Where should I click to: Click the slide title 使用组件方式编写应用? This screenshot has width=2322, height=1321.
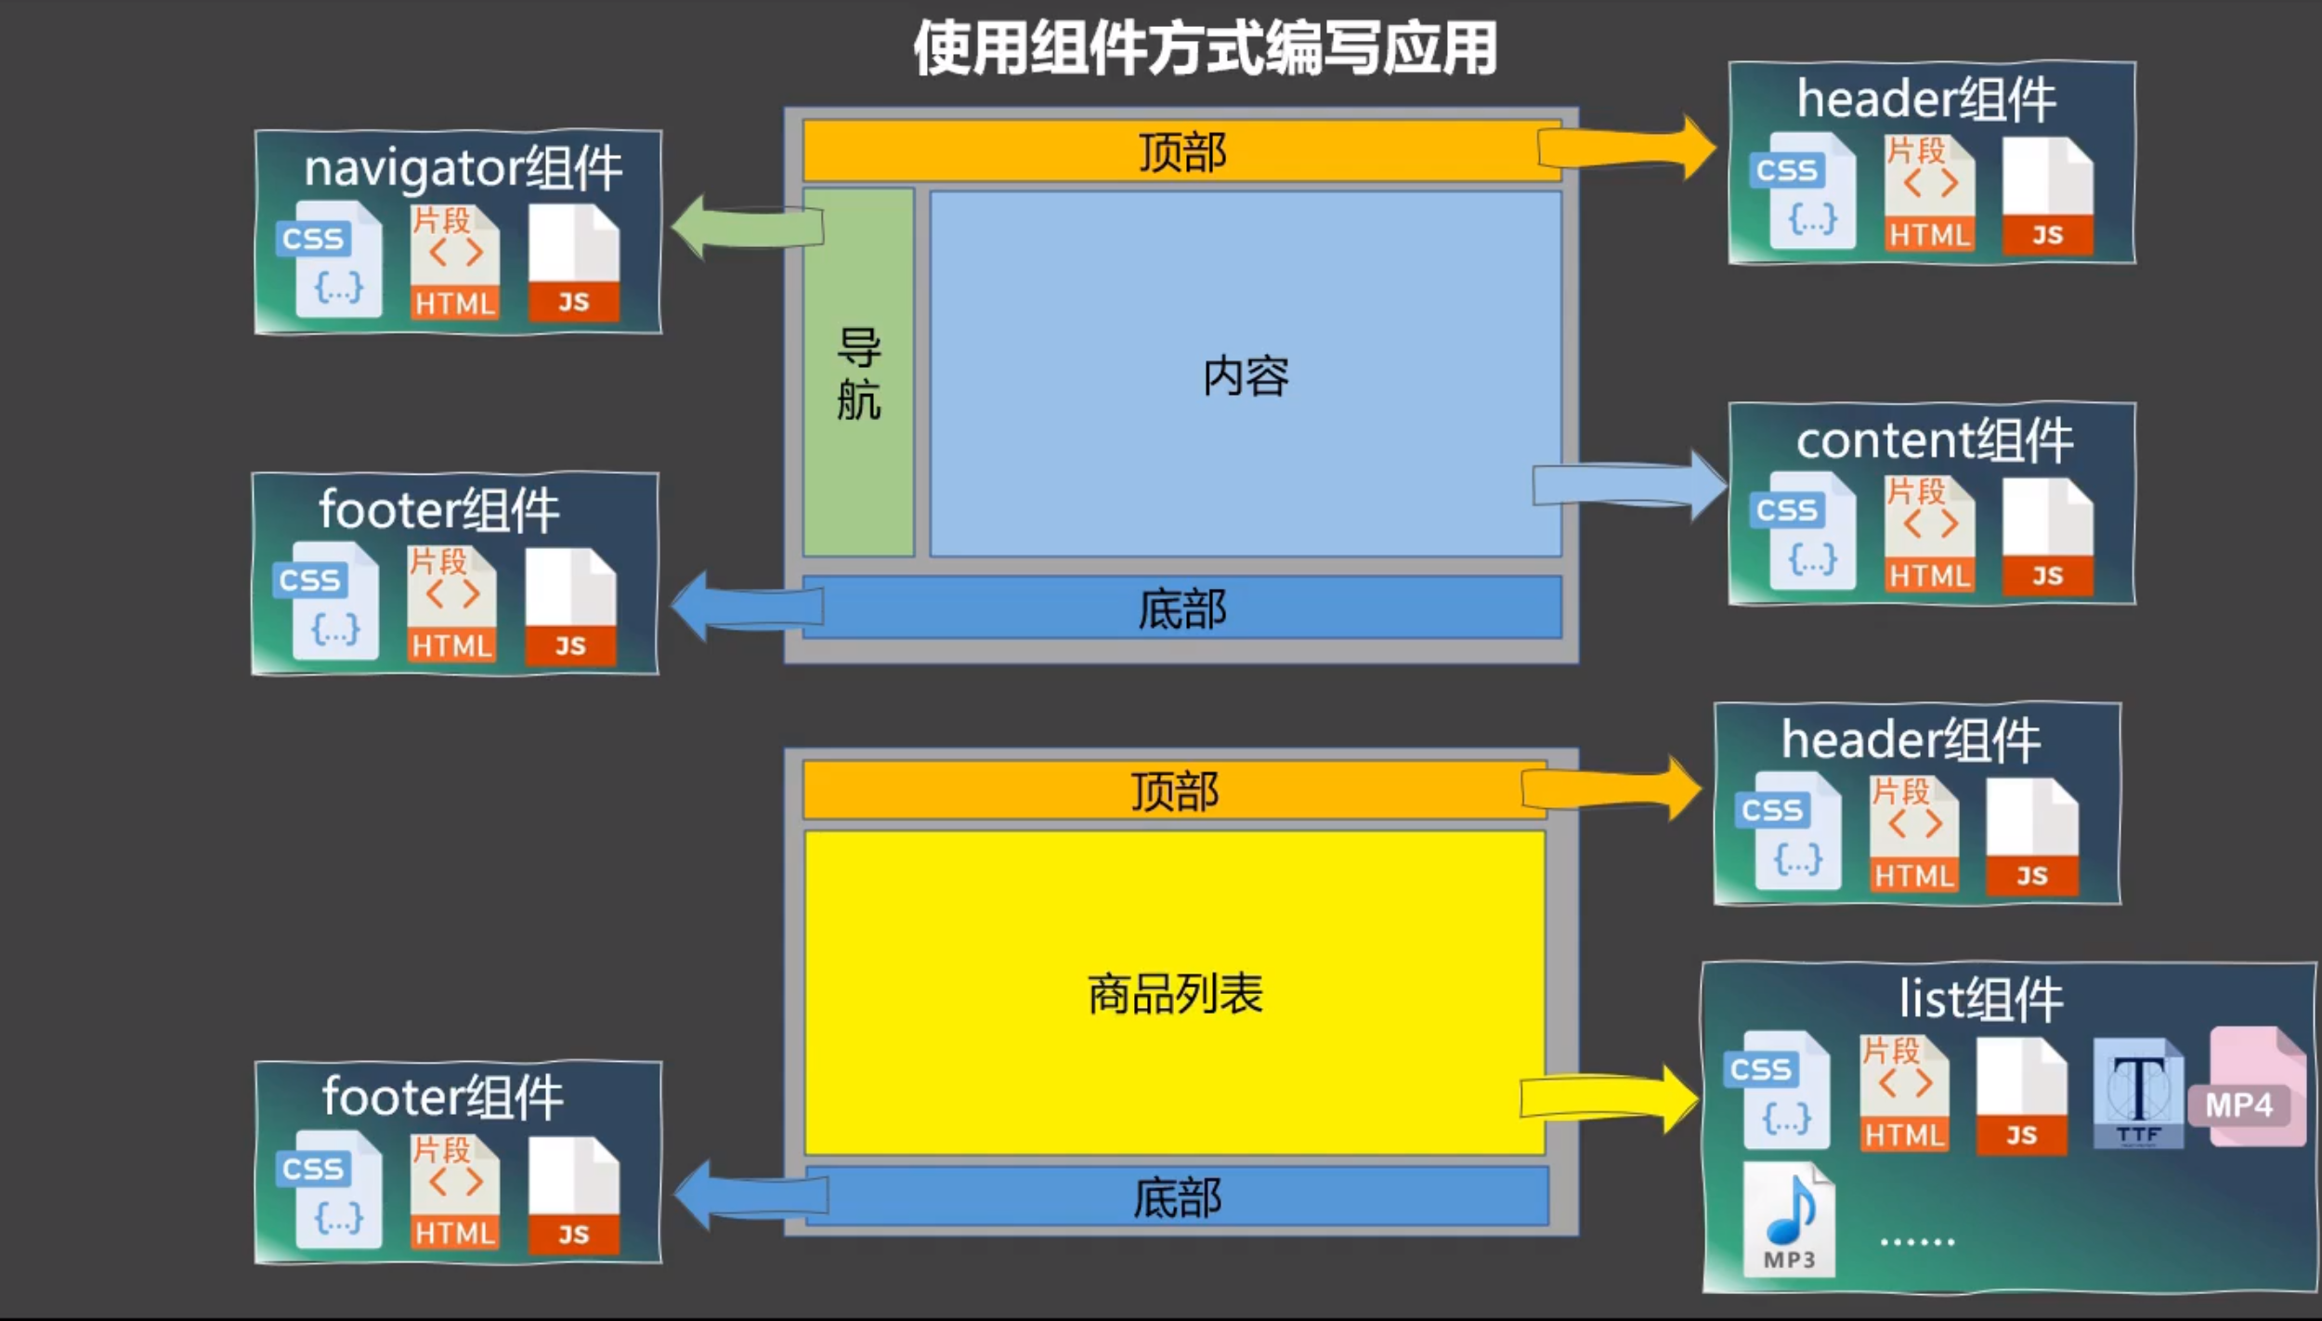tap(1205, 48)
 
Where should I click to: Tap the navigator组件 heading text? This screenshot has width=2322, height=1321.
tap(463, 168)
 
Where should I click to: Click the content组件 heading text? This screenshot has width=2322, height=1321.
tap(1933, 440)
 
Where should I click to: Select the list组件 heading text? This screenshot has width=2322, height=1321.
tap(1979, 1001)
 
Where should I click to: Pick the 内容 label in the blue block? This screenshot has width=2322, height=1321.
tap(1246, 376)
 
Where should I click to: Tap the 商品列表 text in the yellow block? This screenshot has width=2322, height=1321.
tap(1175, 994)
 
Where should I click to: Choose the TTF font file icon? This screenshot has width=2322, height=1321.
tap(2137, 1093)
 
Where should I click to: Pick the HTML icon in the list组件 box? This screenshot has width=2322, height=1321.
tap(1903, 1095)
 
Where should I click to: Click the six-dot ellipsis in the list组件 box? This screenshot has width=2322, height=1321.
tap(1917, 1241)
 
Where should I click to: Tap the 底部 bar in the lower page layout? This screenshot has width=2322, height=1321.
tap(1176, 1197)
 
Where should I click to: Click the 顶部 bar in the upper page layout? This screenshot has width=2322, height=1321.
tap(1181, 150)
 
